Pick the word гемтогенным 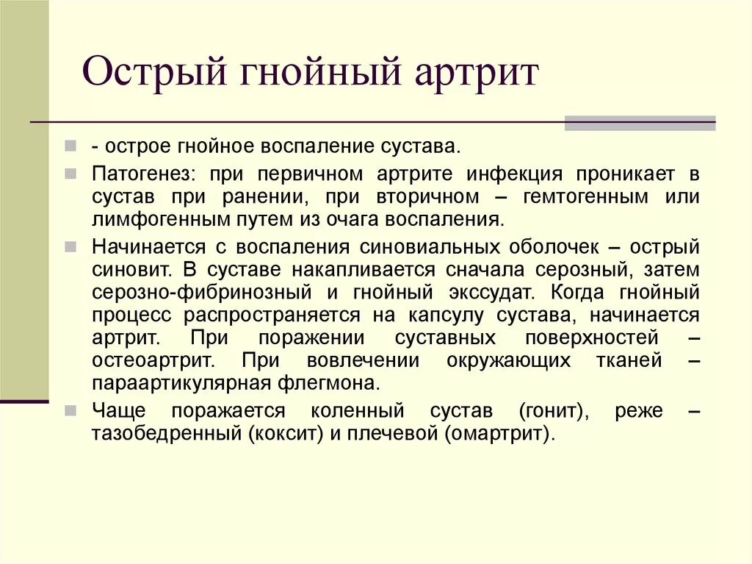(585, 197)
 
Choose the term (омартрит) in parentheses (498, 433)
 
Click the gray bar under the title (640, 123)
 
